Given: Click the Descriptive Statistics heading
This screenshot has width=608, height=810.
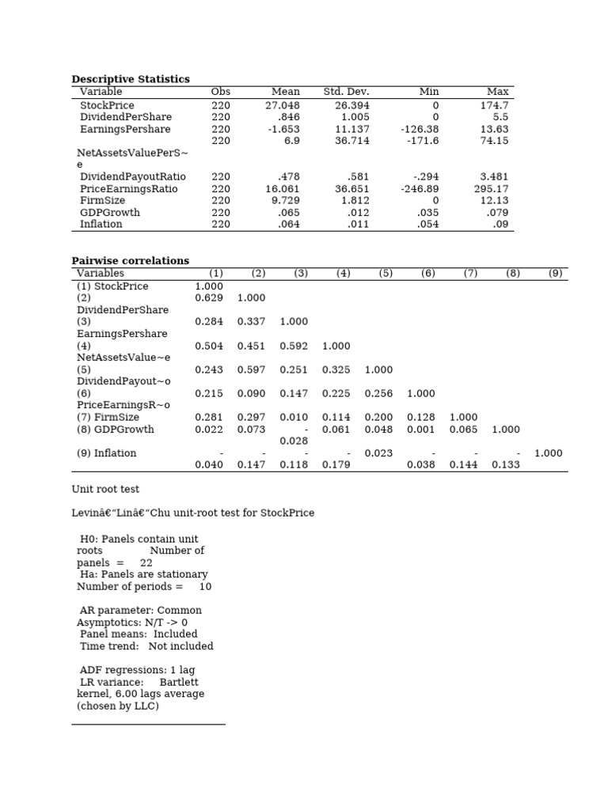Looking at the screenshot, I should click(131, 79).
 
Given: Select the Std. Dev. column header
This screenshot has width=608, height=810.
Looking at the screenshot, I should click(346, 92).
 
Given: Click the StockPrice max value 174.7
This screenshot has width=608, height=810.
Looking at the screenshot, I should click(494, 105).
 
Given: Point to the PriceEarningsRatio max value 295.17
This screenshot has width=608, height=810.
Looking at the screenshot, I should click(492, 189).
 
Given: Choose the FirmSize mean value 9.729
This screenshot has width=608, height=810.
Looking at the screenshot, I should click(287, 201).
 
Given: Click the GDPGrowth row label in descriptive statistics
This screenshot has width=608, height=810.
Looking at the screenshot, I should click(110, 213).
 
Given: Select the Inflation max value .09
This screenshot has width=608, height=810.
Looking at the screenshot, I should click(500, 225).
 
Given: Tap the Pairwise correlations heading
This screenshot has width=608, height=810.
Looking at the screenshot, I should click(131, 261).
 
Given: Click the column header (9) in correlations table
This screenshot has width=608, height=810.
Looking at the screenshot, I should click(555, 274).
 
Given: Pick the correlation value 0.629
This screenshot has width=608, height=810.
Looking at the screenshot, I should click(209, 298).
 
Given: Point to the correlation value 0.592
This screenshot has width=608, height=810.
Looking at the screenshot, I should click(294, 346).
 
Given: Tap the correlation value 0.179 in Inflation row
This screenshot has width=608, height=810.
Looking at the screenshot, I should click(336, 465).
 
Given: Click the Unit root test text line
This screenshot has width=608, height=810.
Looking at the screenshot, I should click(105, 490).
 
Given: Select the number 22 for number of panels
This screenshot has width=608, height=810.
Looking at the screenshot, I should click(146, 562).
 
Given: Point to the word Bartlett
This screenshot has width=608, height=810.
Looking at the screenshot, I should click(179, 682).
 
